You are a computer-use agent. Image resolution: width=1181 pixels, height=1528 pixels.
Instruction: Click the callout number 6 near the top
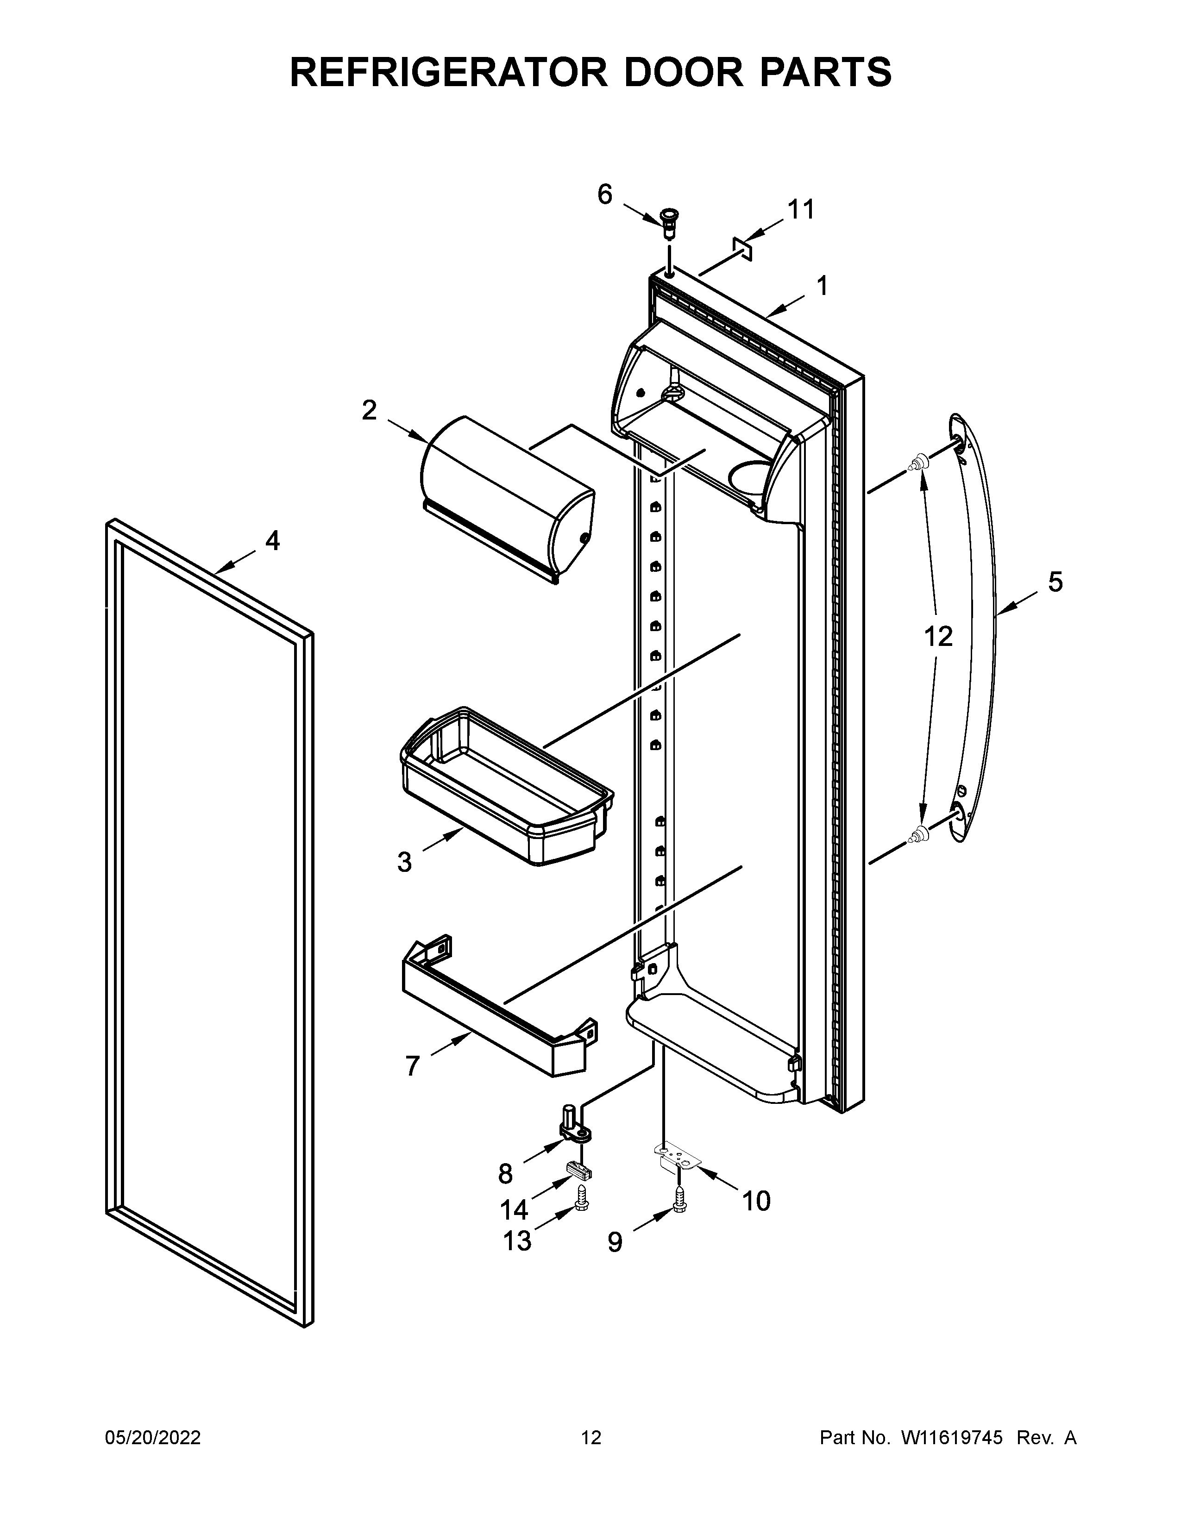[x=604, y=194]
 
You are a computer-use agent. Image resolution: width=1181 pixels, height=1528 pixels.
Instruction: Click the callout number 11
[x=801, y=209]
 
